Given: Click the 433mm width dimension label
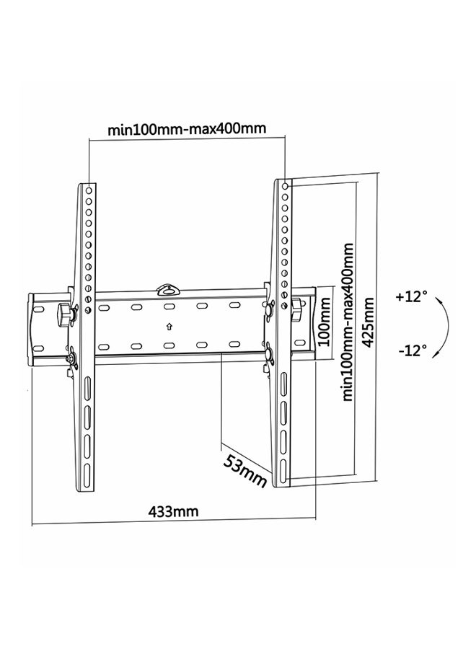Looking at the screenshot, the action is click(x=173, y=512).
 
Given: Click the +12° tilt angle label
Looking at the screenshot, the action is click(x=411, y=297).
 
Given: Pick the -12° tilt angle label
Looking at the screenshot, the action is click(x=413, y=351).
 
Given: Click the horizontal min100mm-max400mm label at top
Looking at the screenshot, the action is click(x=187, y=129).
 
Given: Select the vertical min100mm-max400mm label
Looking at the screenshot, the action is click(x=348, y=322).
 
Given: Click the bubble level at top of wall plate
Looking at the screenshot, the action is click(x=168, y=289).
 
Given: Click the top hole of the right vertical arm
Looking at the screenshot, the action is click(x=285, y=186).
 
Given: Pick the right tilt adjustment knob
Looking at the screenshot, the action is click(x=296, y=309).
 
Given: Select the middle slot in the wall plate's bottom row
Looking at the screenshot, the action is click(x=168, y=345).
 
